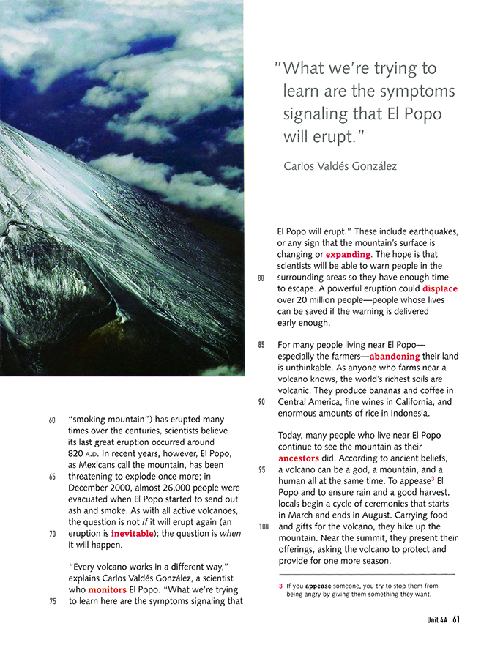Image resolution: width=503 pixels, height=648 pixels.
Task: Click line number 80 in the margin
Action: (x=261, y=278)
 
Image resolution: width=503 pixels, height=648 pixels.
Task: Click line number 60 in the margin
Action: (x=52, y=421)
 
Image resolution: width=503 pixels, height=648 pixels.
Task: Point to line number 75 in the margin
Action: (x=52, y=601)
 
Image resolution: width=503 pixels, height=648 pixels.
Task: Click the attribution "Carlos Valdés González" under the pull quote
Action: (x=340, y=166)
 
